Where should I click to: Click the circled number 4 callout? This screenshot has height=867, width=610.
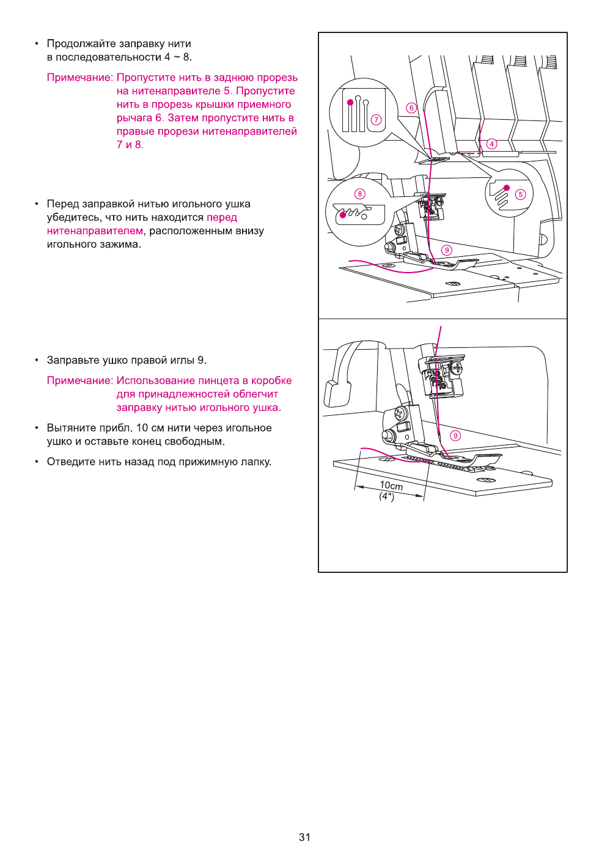tap(492, 144)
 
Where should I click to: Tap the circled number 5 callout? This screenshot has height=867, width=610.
tap(520, 194)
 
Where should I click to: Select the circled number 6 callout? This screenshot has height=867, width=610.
tap(411, 108)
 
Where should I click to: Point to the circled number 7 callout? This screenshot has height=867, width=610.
tap(377, 120)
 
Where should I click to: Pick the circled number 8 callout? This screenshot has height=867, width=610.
tap(360, 194)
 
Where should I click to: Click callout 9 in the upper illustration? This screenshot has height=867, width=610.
tap(447, 250)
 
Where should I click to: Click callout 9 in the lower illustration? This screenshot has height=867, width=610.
tap(455, 435)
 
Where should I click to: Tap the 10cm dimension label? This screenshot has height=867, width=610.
tap(391, 485)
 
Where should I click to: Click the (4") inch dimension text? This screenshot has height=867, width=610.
tap(387, 496)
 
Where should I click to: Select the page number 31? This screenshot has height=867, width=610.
tap(304, 837)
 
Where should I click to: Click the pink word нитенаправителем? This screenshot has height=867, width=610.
tap(95, 231)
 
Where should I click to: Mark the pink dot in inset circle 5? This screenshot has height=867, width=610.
tap(506, 188)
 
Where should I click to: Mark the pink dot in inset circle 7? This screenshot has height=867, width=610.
tap(350, 102)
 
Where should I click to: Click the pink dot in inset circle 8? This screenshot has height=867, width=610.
tap(343, 215)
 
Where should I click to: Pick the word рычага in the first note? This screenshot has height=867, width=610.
tap(134, 118)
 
